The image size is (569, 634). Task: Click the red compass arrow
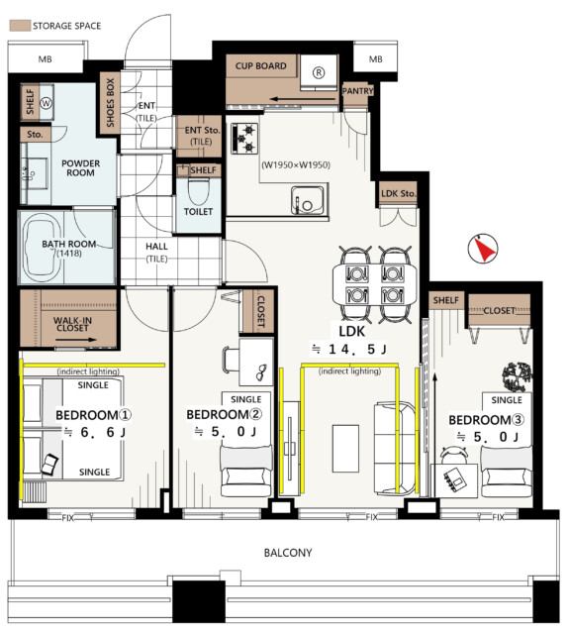point(485,250)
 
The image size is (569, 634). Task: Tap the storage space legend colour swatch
point(20,26)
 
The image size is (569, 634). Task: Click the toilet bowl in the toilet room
point(198,191)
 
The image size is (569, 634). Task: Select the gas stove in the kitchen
point(244,139)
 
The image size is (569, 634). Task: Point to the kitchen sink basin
point(308,200)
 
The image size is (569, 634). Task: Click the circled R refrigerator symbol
point(319,72)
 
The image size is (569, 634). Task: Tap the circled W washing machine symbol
point(47,103)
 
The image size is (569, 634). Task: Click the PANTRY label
point(357,91)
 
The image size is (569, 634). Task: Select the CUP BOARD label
point(261,66)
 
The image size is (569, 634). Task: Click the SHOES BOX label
point(110,103)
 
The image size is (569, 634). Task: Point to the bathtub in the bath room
point(43,248)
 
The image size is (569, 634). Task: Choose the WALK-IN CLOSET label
point(72,324)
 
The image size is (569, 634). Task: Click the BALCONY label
point(288,553)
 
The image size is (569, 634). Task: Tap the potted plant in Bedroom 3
point(517,376)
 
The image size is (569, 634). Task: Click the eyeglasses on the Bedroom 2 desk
point(261,372)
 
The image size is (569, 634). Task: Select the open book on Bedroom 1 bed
point(49,465)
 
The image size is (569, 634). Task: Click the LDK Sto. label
point(398,194)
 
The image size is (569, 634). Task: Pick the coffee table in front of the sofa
point(345,449)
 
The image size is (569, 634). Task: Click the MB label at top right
point(376,59)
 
